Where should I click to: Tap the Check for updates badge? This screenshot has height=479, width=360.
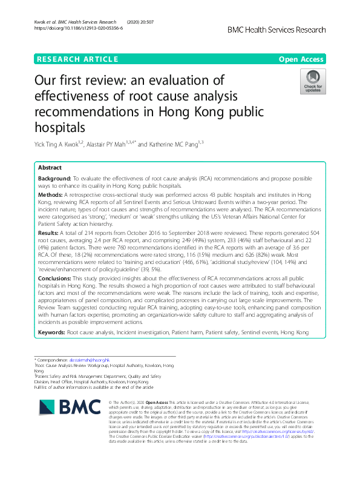pos(313,82)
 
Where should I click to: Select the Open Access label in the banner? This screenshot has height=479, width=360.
pos(302,59)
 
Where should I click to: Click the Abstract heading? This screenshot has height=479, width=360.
pos(50,167)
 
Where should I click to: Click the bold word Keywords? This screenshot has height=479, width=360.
pos(52,332)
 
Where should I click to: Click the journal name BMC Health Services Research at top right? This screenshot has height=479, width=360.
pos(277,30)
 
